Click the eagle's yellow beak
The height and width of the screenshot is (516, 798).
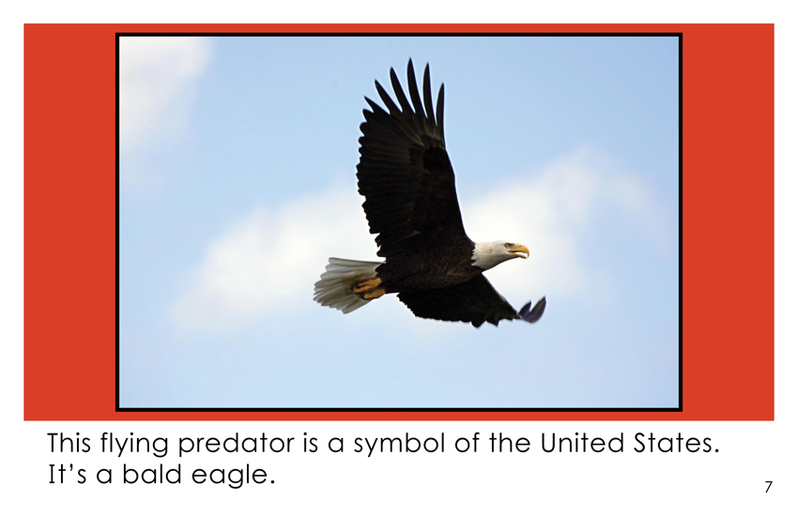click(519, 250)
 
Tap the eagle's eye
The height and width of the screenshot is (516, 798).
click(506, 246)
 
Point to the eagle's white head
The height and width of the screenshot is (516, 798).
click(495, 253)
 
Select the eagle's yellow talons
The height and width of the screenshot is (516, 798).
click(367, 288)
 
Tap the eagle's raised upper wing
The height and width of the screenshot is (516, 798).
click(407, 162)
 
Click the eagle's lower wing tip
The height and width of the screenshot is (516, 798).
click(533, 311)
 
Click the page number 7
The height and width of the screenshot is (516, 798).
click(768, 487)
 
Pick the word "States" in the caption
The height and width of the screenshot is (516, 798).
click(676, 444)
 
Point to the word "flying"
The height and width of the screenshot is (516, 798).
click(134, 445)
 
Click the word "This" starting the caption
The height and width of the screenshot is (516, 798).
click(69, 443)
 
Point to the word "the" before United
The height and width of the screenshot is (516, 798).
click(511, 443)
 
